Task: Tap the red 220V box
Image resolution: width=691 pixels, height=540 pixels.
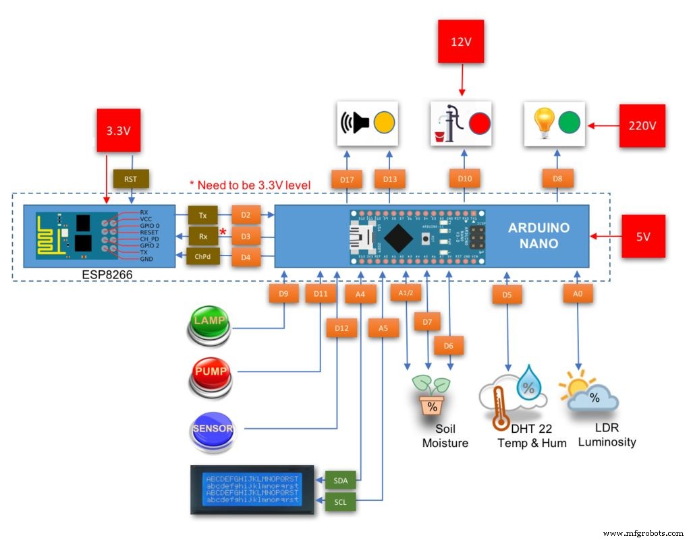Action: point(642,125)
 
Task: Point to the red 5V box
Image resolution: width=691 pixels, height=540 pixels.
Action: point(644,236)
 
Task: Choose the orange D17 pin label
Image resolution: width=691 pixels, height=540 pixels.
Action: point(348,180)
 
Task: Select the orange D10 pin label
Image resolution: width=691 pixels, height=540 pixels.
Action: point(464,180)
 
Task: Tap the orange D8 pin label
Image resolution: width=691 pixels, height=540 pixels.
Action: point(557,180)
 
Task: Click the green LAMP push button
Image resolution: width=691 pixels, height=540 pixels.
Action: point(209,324)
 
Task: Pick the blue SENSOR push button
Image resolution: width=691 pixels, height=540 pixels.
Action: point(211,430)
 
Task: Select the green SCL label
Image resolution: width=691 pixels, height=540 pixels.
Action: point(340,502)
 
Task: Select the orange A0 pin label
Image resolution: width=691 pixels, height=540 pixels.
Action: point(578,293)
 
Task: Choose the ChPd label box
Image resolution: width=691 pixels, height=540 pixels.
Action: point(202,256)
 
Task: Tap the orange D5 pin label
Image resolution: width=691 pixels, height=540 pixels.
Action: point(507,294)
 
